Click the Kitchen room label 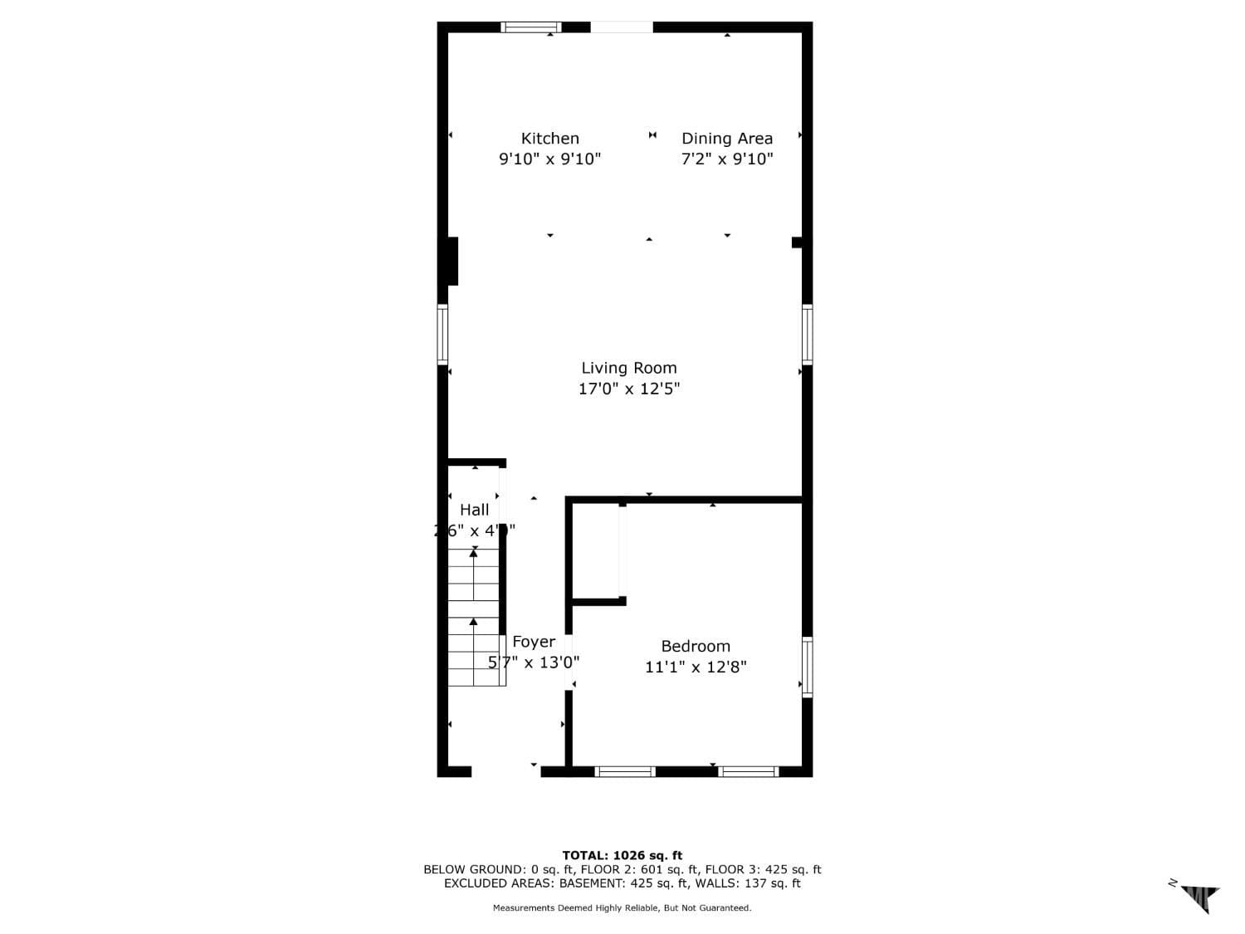549,139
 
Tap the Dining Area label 727,139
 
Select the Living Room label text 628,368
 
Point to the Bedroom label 696,646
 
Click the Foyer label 534,642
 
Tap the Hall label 475,510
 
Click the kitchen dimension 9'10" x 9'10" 549,159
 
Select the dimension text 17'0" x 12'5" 628,389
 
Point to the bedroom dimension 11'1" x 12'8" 696,667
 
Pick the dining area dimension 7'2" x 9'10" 727,159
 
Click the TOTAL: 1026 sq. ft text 622,855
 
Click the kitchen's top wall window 531,27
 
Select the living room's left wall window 442,335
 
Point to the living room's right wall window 807,335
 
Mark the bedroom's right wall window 807,667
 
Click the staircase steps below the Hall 474,619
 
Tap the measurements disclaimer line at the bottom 622,908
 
